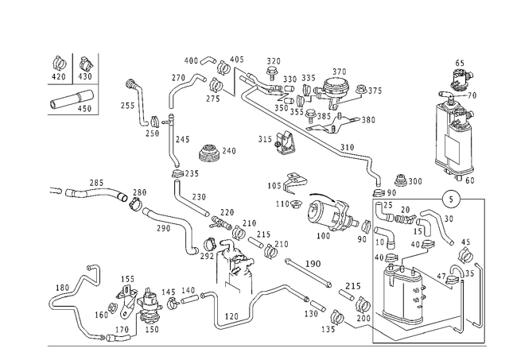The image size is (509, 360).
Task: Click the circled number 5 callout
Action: coord(451,199)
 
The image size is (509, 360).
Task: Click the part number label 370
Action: coord(340,72)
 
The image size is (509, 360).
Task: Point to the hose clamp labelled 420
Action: coord(60,64)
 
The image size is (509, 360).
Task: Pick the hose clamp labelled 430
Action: coord(86,64)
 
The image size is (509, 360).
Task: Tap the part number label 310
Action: coord(347,147)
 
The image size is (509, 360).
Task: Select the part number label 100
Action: coord(323,236)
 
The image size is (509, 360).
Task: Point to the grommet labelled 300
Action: coord(401,180)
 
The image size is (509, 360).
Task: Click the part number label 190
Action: coord(313,263)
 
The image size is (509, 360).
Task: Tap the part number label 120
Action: coord(231,316)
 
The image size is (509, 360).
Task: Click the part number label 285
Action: coord(96,183)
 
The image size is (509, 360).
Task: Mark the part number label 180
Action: coord(62,288)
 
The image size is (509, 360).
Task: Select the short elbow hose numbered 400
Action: coord(208,60)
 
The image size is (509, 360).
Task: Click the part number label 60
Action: coord(470,180)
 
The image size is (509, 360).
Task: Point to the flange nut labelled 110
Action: coord(295,205)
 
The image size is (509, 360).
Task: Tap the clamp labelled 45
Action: coord(466,254)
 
